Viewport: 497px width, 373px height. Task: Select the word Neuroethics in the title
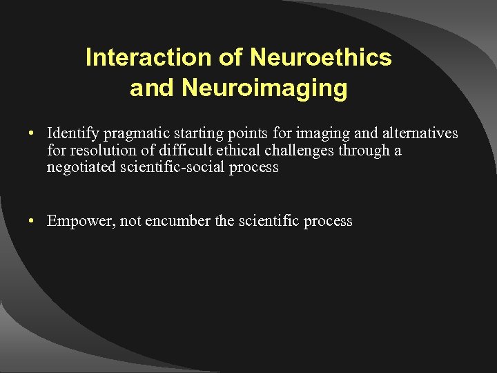pos(321,58)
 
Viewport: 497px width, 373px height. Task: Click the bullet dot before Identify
pos(32,133)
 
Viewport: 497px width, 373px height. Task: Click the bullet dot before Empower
pos(32,222)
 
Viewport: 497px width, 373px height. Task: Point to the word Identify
pos(72,133)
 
